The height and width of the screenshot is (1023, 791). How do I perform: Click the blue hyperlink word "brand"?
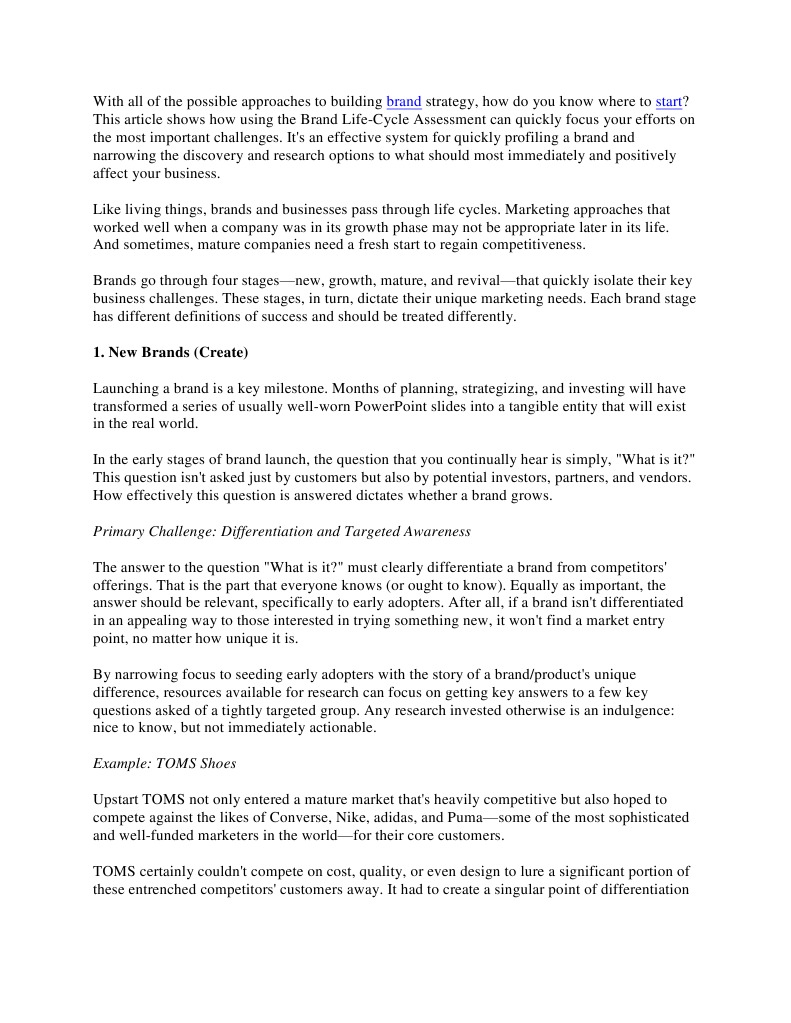(x=403, y=101)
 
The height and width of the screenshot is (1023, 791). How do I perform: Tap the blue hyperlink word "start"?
(x=668, y=101)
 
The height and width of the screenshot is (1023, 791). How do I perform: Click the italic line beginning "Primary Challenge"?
(x=282, y=531)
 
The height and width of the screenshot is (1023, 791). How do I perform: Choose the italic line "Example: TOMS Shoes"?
(x=165, y=763)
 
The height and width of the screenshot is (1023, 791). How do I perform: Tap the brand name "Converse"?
(x=301, y=817)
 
